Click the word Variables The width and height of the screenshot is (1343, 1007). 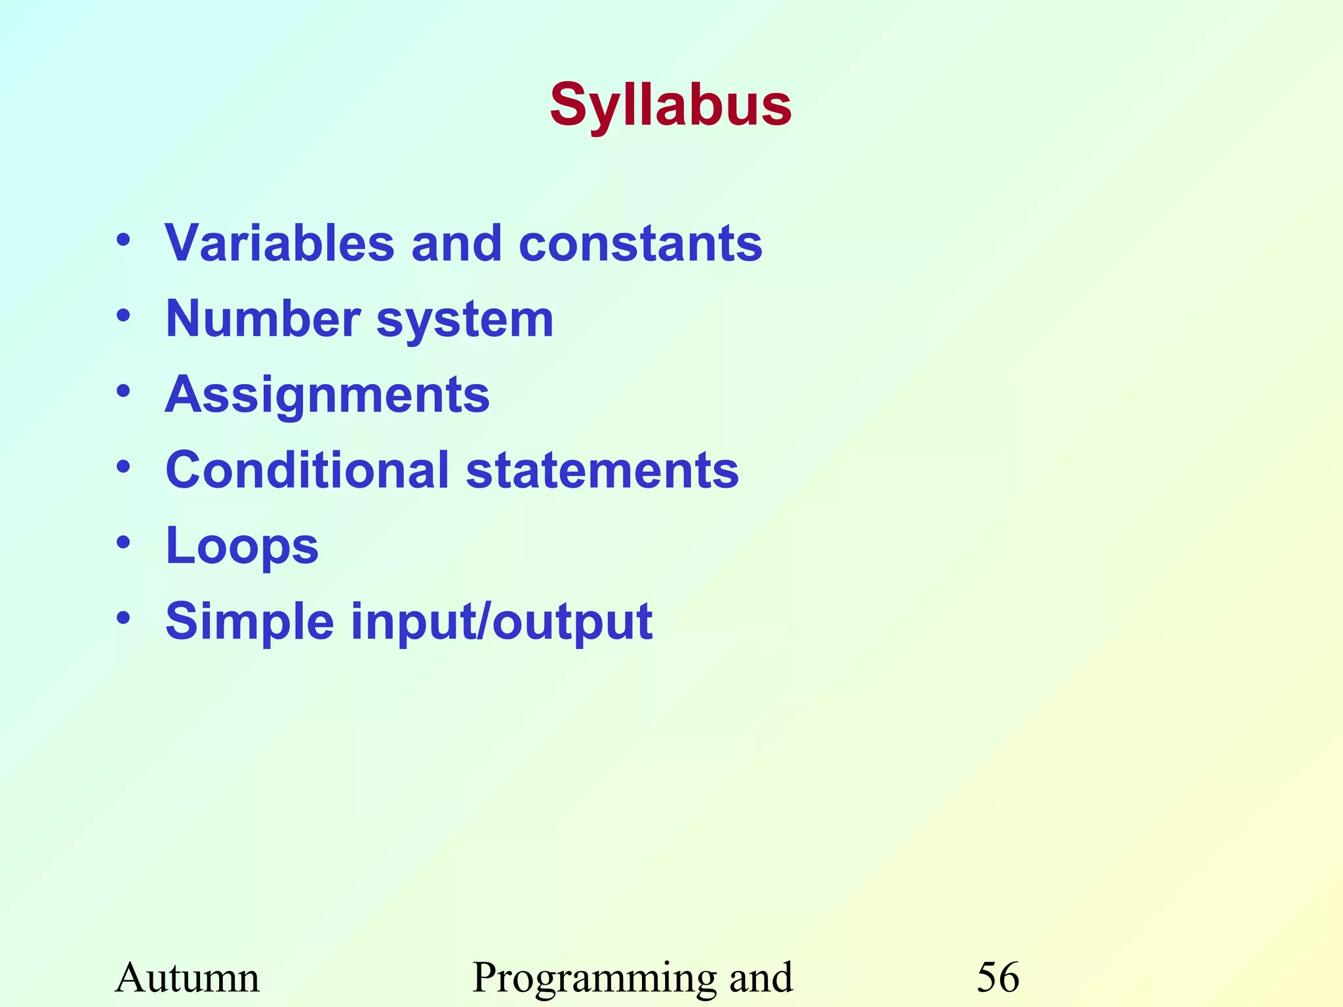coord(279,243)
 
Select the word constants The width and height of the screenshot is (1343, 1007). coord(640,243)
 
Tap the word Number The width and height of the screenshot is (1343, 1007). coord(262,319)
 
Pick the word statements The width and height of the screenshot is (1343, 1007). coord(602,471)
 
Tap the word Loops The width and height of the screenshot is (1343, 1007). coord(242,547)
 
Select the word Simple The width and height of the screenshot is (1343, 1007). coord(250,622)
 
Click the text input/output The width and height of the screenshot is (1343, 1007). coord(502,622)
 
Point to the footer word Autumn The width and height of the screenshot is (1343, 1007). coord(188,977)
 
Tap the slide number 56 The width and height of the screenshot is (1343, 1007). coord(998,977)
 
